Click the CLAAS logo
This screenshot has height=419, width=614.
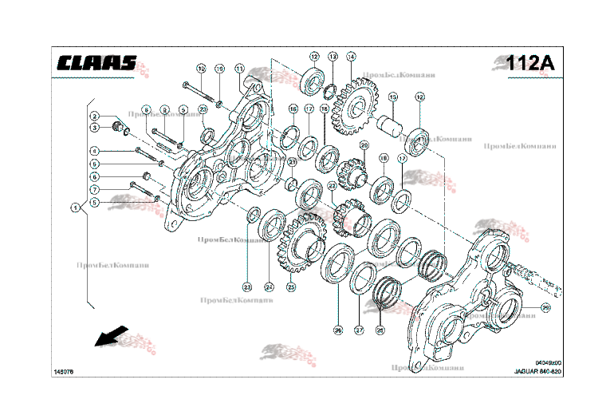click(x=96, y=63)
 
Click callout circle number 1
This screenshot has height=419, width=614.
click(x=75, y=208)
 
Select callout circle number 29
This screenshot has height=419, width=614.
click(x=545, y=308)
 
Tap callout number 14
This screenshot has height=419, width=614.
click(x=351, y=57)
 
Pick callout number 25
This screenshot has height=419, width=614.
click(x=291, y=287)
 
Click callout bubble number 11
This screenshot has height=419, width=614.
click(x=239, y=68)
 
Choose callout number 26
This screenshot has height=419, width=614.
click(x=337, y=328)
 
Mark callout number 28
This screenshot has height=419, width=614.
click(x=380, y=328)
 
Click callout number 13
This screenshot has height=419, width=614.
click(x=333, y=57)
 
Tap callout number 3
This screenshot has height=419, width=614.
click(x=93, y=127)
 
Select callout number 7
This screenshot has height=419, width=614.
click(x=93, y=189)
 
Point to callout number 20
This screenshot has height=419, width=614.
click(x=364, y=145)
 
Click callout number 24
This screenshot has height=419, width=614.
click(x=269, y=287)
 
